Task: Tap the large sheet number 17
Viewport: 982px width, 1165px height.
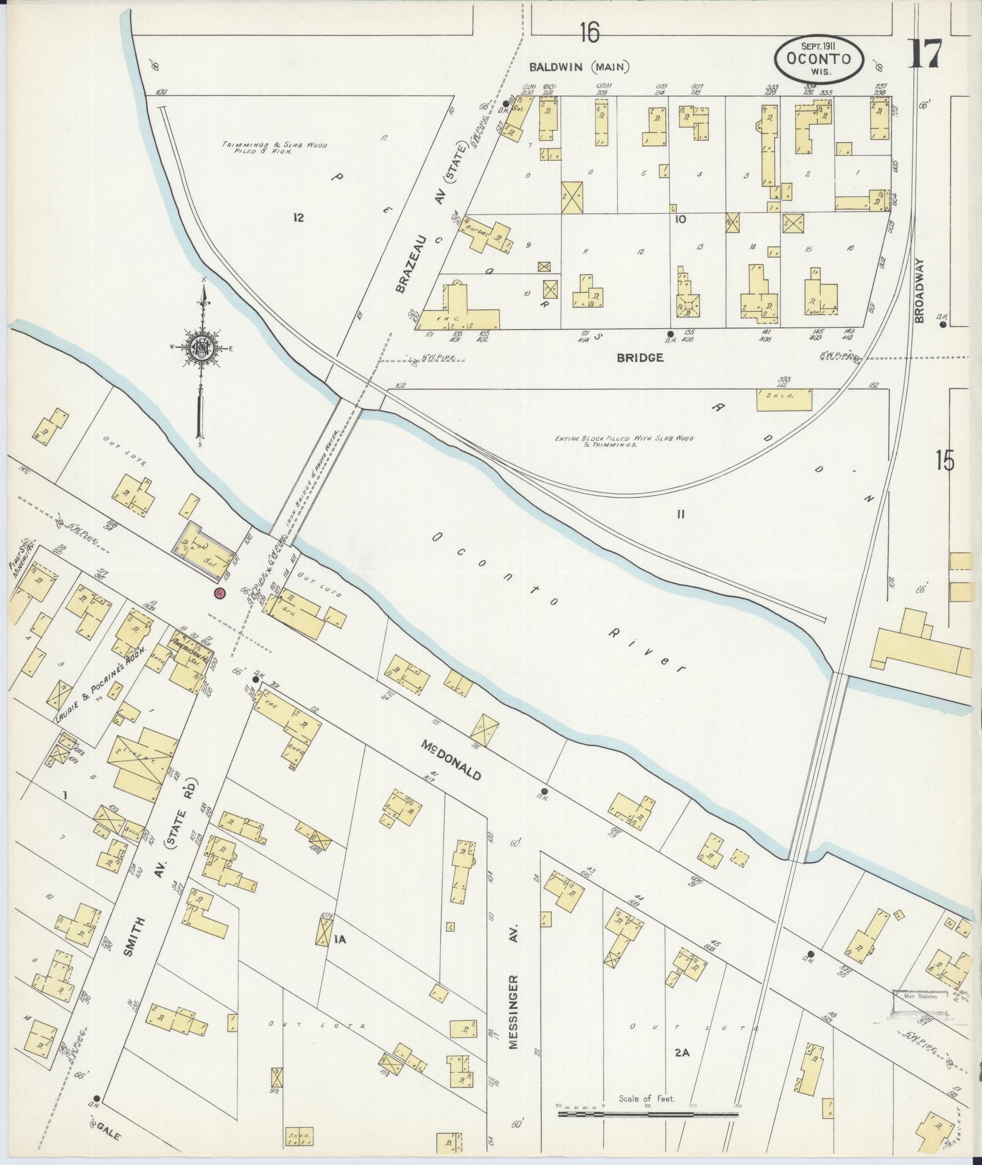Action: (x=925, y=54)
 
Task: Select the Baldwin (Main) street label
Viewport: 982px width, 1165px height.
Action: (x=579, y=67)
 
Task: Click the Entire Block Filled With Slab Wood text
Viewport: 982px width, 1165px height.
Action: (x=624, y=442)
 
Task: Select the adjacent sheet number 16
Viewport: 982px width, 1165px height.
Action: (x=589, y=33)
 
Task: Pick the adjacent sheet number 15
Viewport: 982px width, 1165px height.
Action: (x=945, y=461)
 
